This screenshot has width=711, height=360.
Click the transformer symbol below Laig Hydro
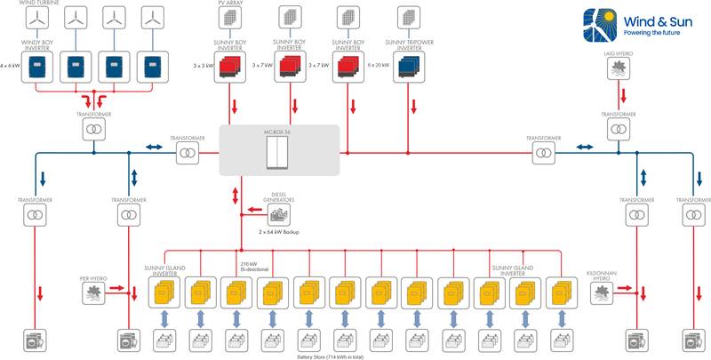[618, 130]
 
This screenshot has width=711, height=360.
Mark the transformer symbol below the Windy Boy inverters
[93, 130]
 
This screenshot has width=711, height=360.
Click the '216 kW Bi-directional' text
[254, 266]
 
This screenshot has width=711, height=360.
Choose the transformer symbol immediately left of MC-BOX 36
[187, 155]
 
